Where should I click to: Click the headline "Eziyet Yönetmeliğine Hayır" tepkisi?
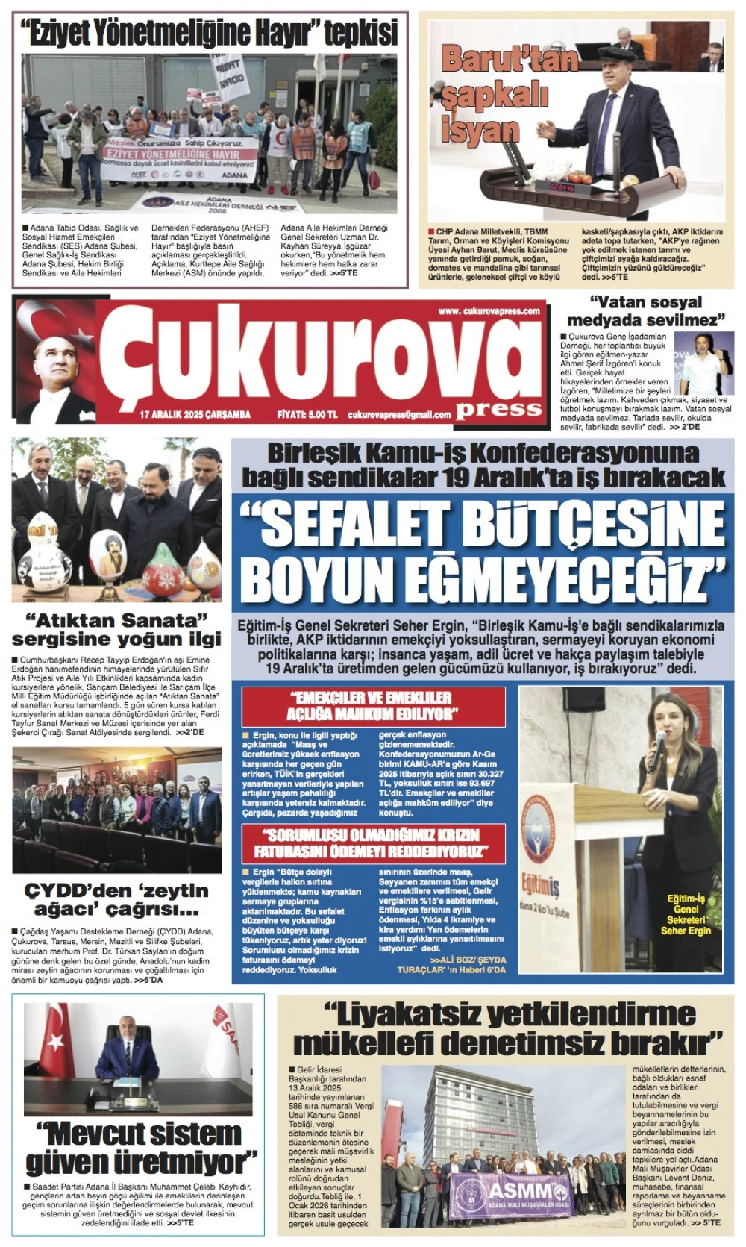point(210,34)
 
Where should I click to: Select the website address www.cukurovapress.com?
point(489,311)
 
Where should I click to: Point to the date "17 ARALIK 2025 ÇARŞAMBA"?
point(195,415)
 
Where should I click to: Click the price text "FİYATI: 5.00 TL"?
point(307,415)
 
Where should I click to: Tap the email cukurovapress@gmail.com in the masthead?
point(399,415)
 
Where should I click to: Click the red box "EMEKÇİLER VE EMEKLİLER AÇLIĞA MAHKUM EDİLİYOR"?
point(373,706)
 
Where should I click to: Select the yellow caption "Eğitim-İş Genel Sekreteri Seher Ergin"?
point(686,915)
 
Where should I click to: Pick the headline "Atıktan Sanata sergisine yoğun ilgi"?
point(116,630)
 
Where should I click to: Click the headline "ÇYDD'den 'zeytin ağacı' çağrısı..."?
point(116,900)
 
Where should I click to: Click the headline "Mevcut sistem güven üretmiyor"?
point(142,1148)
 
